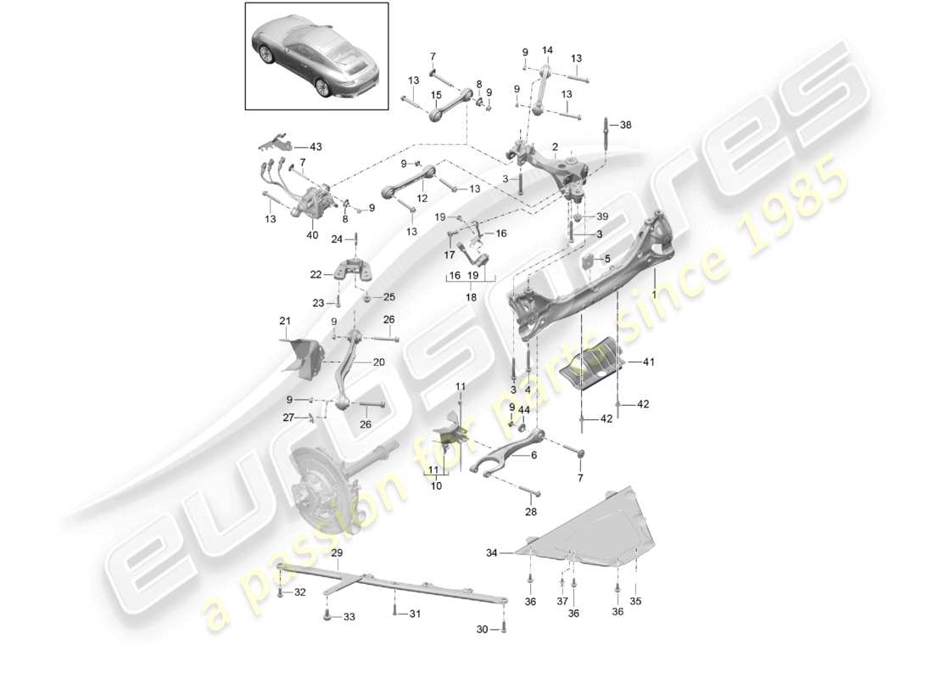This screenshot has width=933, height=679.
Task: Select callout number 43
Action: click(316, 147)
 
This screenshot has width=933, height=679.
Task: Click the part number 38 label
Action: click(626, 124)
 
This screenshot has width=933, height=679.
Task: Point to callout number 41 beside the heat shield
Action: click(649, 362)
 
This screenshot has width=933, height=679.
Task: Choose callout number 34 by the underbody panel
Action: click(493, 553)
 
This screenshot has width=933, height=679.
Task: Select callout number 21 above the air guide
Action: click(285, 320)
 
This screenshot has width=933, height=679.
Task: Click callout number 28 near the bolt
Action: click(531, 512)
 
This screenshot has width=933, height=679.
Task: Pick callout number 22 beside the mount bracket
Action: click(316, 274)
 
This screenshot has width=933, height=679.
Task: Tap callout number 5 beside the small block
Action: click(607, 258)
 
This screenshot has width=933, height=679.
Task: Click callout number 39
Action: click(602, 216)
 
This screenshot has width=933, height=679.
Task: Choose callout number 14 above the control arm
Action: click(547, 51)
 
